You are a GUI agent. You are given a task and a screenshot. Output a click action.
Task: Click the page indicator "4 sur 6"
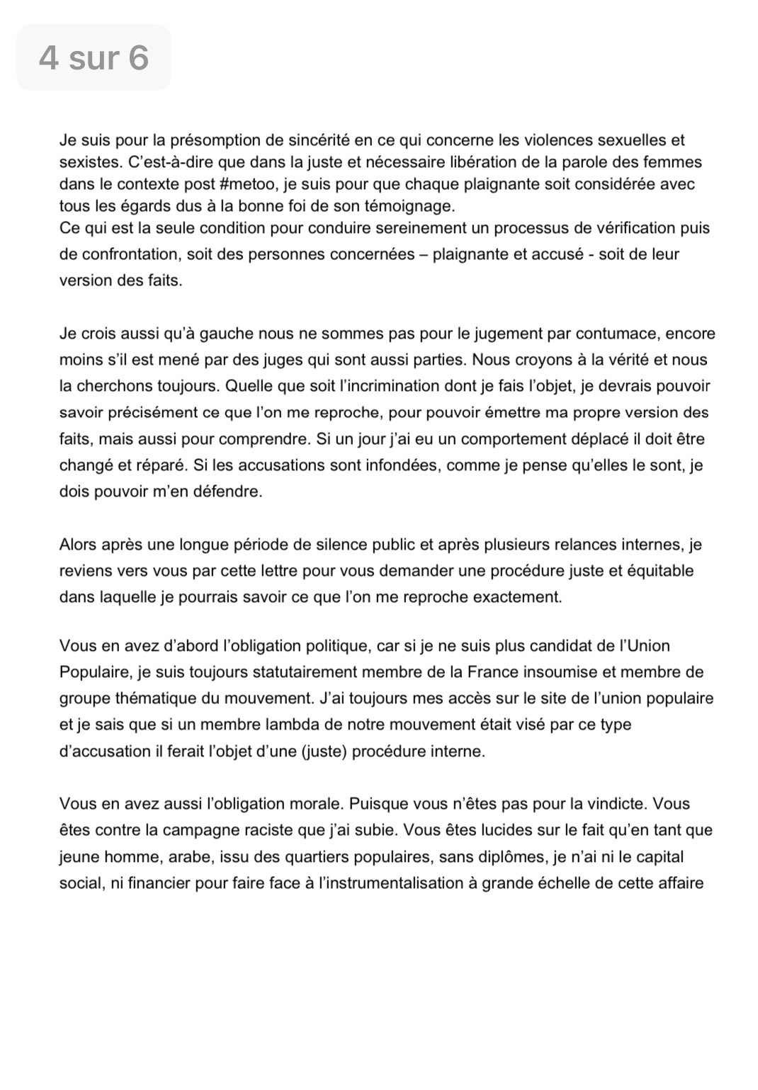tap(94, 57)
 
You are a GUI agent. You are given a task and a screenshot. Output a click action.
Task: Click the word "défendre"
tap(231, 492)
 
